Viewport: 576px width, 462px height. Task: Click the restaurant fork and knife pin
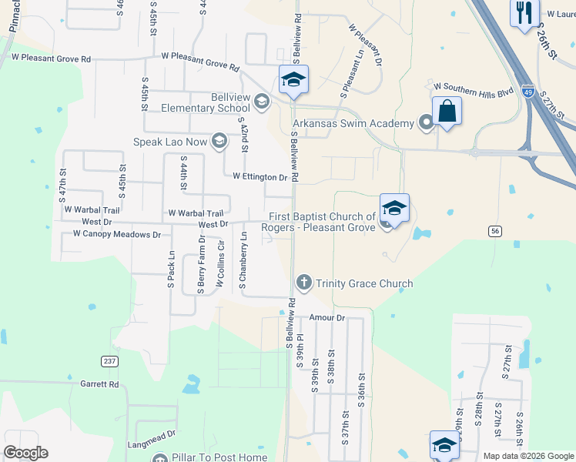[525, 12]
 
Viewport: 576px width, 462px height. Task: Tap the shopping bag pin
[447, 112]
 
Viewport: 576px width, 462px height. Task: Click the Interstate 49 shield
[527, 91]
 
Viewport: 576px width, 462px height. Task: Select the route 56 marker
[495, 230]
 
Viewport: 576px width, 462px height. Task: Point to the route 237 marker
[109, 360]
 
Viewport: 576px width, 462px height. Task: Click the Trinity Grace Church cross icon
[304, 283]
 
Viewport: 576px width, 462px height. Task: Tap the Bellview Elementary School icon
[262, 102]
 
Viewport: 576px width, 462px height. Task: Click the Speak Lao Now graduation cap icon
[219, 141]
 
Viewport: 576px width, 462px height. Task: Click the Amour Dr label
[327, 317]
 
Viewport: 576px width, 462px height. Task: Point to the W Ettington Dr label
[260, 176]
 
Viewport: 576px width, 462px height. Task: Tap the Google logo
[25, 453]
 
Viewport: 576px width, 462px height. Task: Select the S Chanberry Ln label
[243, 265]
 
